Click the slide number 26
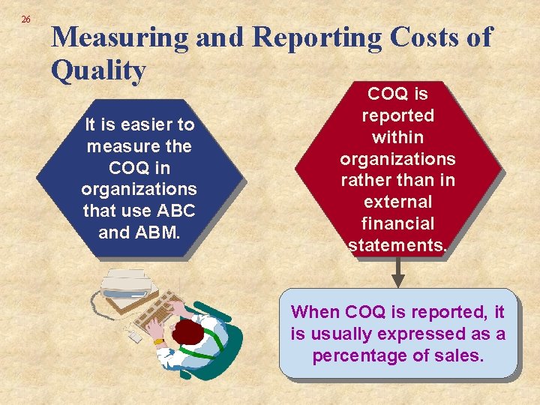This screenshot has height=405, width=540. click(x=25, y=19)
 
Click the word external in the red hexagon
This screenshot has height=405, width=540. click(x=397, y=202)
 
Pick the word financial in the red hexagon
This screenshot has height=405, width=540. click(x=397, y=223)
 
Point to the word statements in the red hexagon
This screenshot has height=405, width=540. click(x=395, y=245)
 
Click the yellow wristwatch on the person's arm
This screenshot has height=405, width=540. click(x=159, y=340)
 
